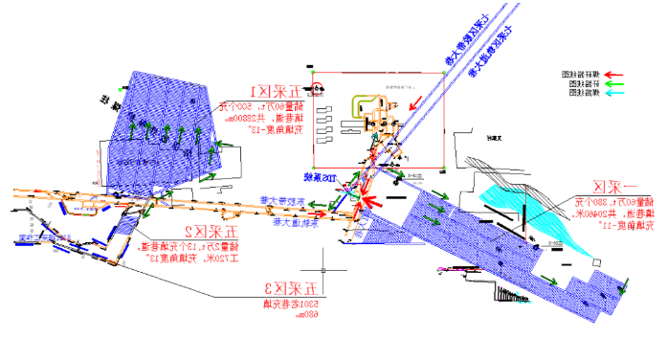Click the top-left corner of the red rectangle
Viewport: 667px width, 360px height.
click(x=313, y=72)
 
